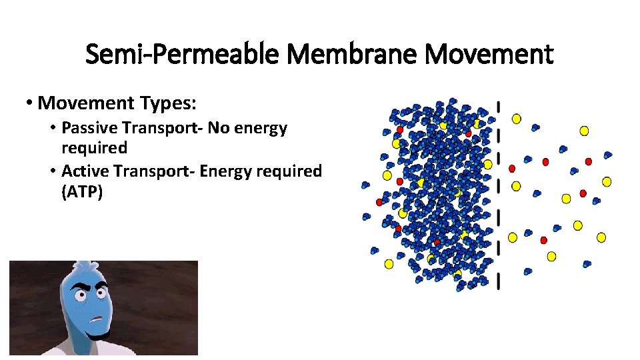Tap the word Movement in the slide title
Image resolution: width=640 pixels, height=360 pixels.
[489, 54]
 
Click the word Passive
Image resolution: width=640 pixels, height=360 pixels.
[85, 127]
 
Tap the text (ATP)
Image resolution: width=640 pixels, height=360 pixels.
[82, 193]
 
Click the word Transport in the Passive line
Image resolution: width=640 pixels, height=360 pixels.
[156, 127]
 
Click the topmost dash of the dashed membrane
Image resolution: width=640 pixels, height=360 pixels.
[499, 107]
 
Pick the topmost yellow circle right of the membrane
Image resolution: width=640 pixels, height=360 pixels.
[516, 119]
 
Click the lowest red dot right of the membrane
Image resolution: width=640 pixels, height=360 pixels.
[544, 240]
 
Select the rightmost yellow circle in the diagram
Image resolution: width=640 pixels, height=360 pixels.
[607, 181]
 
